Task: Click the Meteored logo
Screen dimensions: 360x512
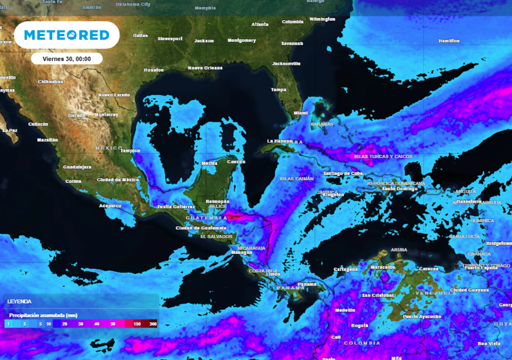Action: (x=66, y=35)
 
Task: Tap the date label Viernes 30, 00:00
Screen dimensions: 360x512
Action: (x=66, y=58)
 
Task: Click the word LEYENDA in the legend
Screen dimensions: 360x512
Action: (x=19, y=301)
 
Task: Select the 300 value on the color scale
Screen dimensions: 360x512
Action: (x=152, y=324)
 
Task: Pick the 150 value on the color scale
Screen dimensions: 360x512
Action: (x=136, y=324)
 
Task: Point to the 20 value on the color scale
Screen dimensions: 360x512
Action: (x=64, y=324)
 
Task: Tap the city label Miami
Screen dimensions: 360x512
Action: (x=301, y=113)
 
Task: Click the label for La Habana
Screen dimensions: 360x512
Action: (x=279, y=141)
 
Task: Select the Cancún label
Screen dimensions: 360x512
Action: (x=236, y=161)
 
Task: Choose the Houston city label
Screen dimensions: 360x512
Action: (x=154, y=70)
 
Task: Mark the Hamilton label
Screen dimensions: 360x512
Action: (x=448, y=41)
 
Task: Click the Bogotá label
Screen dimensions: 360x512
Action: (x=360, y=325)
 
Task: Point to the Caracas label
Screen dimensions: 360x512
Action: (x=428, y=269)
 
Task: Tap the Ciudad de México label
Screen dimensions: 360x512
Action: (x=117, y=179)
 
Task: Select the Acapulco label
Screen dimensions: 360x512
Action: (x=110, y=205)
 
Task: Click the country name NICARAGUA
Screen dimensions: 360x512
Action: (x=251, y=248)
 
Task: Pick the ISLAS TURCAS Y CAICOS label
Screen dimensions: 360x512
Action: (x=383, y=156)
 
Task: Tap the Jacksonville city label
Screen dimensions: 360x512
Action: (x=286, y=63)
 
